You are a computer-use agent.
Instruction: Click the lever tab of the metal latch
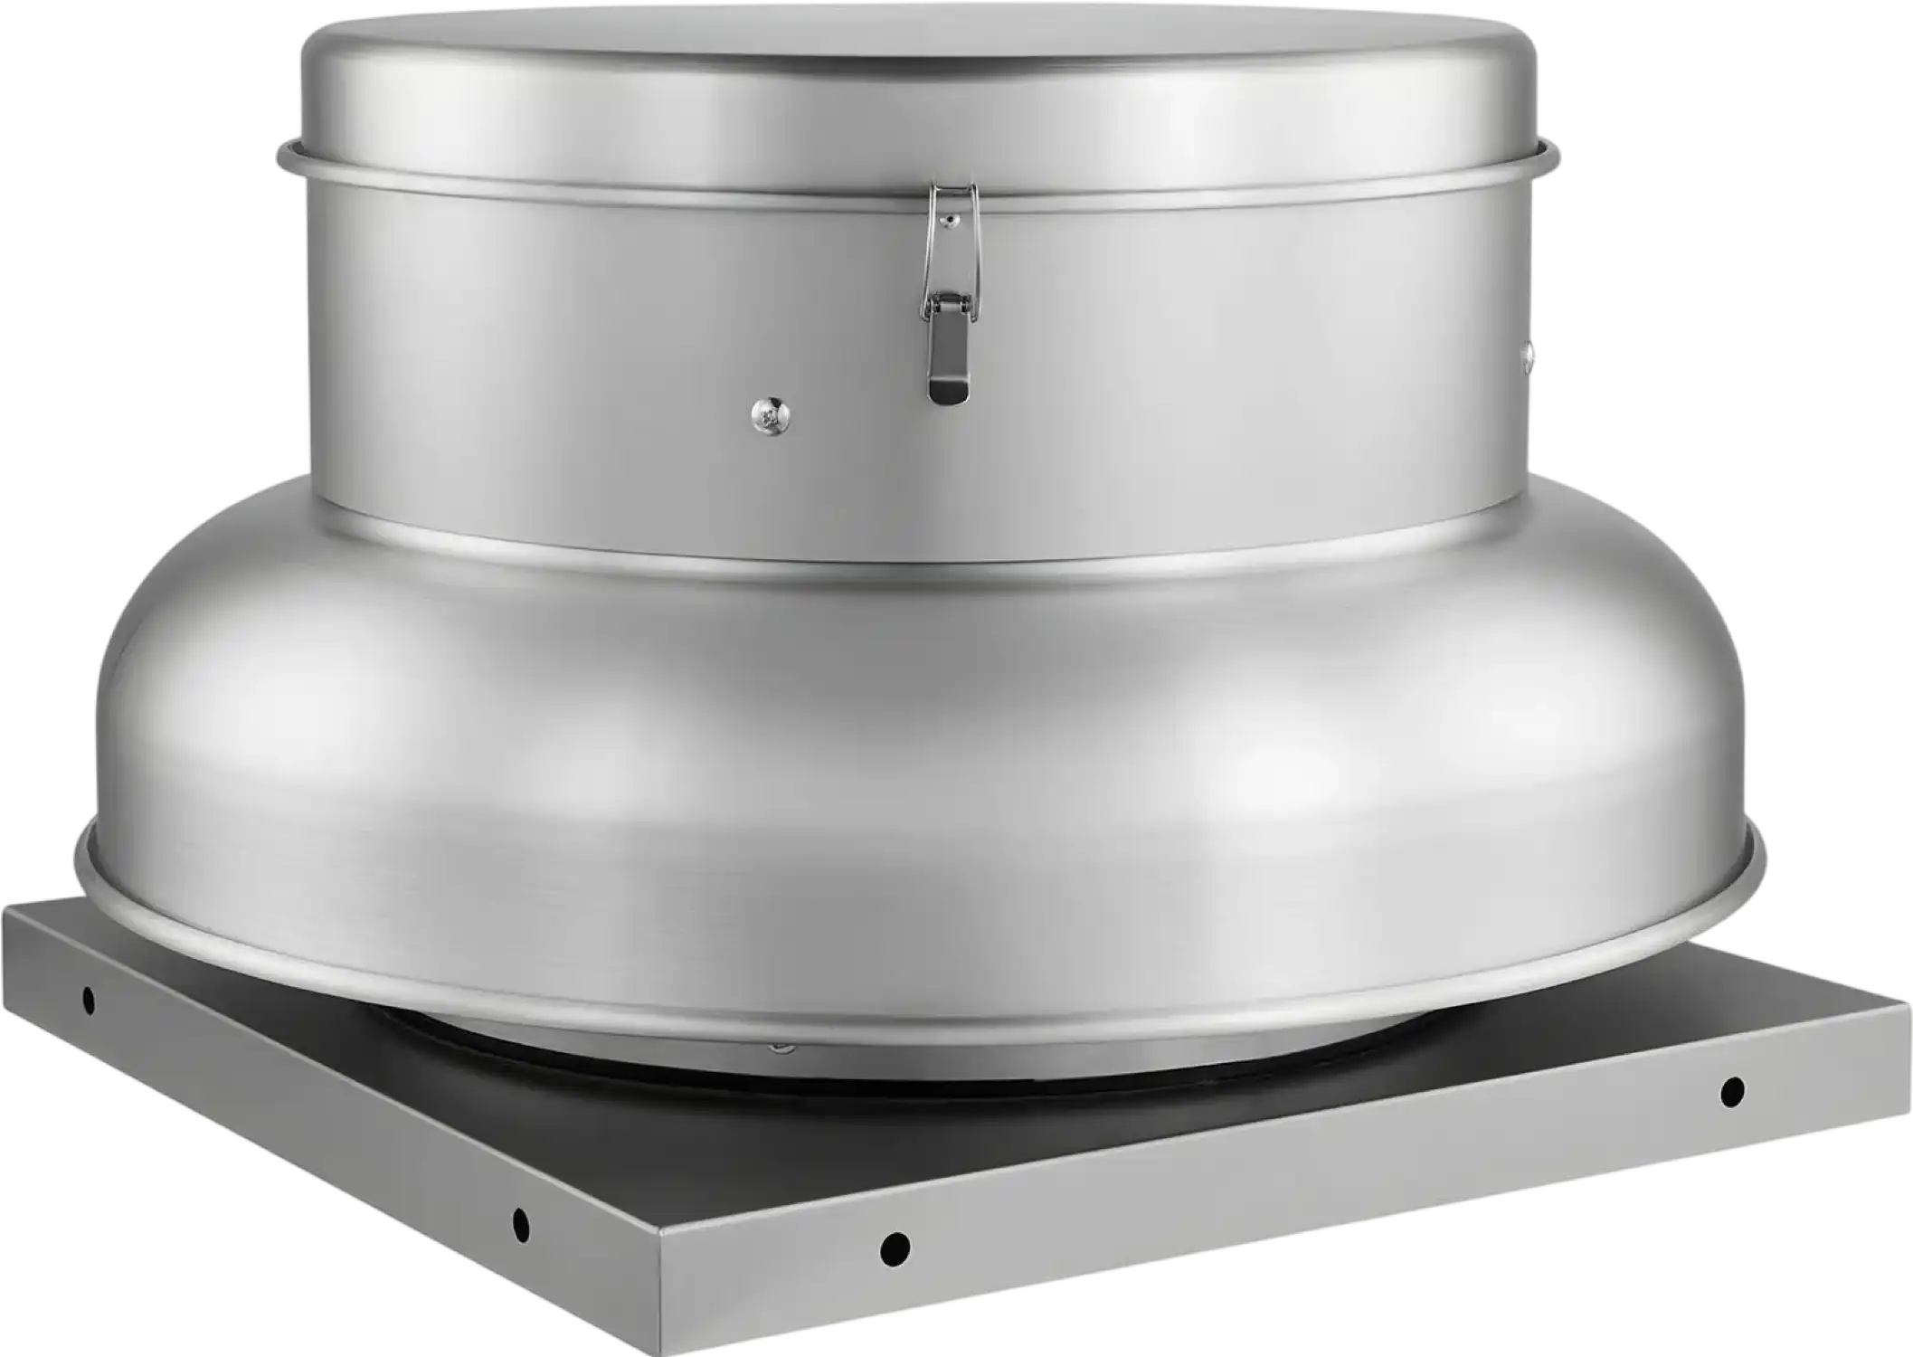[x=946, y=366]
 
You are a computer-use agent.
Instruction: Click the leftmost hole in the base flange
[x=88, y=1000]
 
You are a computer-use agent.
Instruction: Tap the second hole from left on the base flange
[x=520, y=1224]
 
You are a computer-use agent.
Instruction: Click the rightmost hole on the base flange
[x=1731, y=1091]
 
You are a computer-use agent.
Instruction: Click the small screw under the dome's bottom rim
[x=778, y=1049]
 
